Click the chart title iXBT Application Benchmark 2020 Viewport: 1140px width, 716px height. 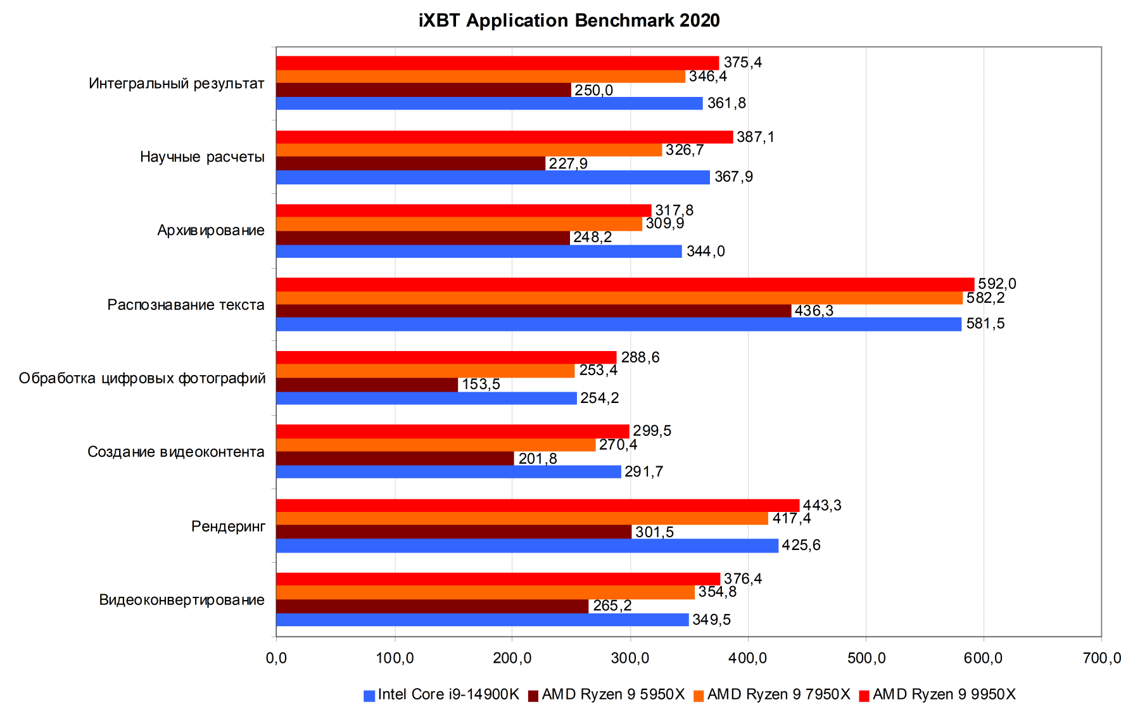(x=569, y=21)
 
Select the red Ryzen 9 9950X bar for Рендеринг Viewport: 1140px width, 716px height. (x=538, y=505)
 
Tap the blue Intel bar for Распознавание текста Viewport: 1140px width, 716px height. (x=618, y=324)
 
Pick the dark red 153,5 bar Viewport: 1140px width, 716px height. (x=367, y=385)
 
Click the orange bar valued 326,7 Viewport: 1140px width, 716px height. (x=469, y=150)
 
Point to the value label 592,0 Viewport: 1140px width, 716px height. (x=997, y=284)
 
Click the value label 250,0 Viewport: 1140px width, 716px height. (x=593, y=90)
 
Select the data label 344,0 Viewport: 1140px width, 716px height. (x=706, y=252)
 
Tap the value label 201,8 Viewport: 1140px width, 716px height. (x=538, y=458)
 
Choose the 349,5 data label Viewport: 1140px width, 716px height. (x=711, y=620)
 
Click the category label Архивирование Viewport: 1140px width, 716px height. (x=211, y=231)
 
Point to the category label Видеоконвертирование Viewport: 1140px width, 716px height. (x=182, y=600)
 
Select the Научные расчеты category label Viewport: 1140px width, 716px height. (x=202, y=157)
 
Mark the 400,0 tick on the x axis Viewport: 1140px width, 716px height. (x=748, y=658)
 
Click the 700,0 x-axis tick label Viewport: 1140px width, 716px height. (x=1102, y=658)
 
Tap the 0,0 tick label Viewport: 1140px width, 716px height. (x=276, y=658)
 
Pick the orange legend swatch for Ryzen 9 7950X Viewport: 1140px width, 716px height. (x=699, y=696)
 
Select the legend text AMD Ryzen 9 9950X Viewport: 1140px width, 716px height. (x=944, y=694)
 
